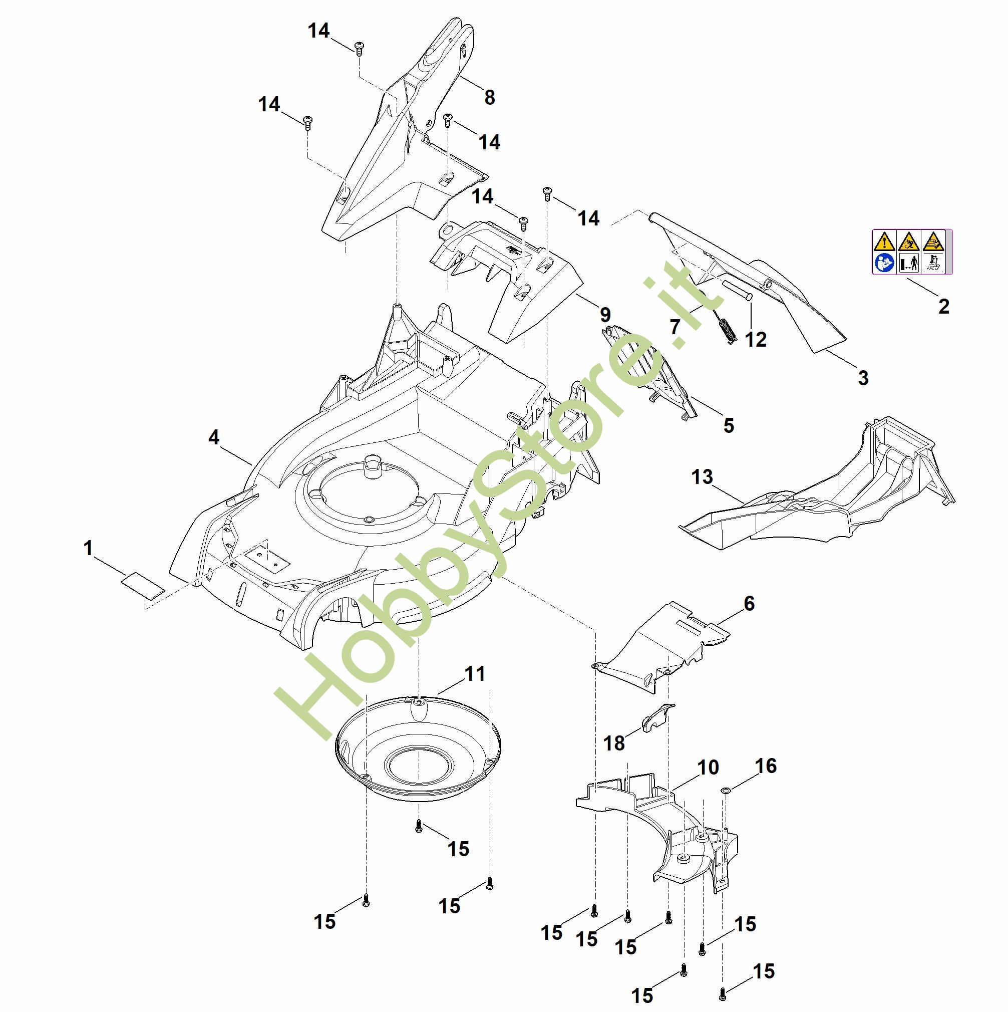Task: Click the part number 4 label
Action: point(214,437)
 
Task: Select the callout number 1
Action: point(88,548)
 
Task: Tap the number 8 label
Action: point(490,97)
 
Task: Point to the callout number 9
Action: point(605,315)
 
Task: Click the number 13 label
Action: point(702,476)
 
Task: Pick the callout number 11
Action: point(475,674)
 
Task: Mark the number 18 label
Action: point(614,743)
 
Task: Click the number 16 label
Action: point(766,766)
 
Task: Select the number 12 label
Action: point(756,340)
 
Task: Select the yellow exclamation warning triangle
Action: point(884,242)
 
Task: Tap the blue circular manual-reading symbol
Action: point(884,263)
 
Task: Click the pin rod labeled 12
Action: point(737,290)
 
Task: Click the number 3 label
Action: point(863,378)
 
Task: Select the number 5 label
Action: point(729,425)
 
